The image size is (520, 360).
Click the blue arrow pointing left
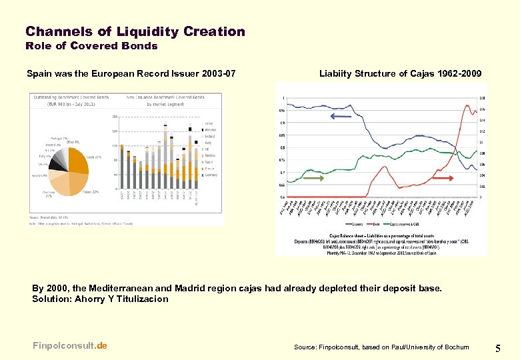341,117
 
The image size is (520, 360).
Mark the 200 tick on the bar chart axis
115,117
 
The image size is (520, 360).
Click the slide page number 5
499,347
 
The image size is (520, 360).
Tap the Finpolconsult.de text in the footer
69,345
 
